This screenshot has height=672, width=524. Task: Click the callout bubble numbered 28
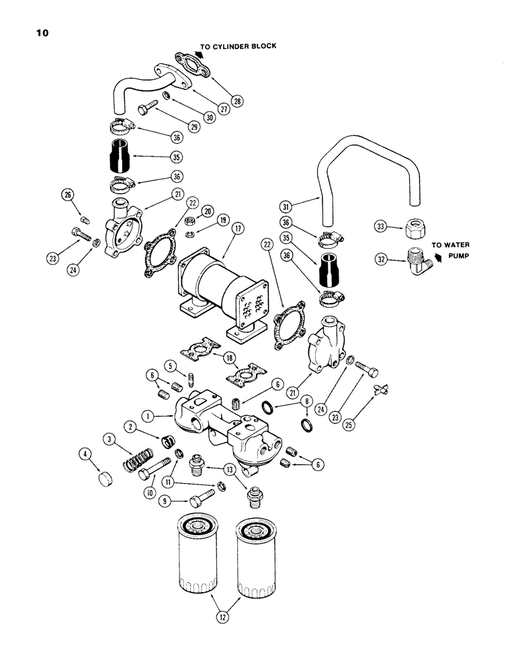pos(237,101)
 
